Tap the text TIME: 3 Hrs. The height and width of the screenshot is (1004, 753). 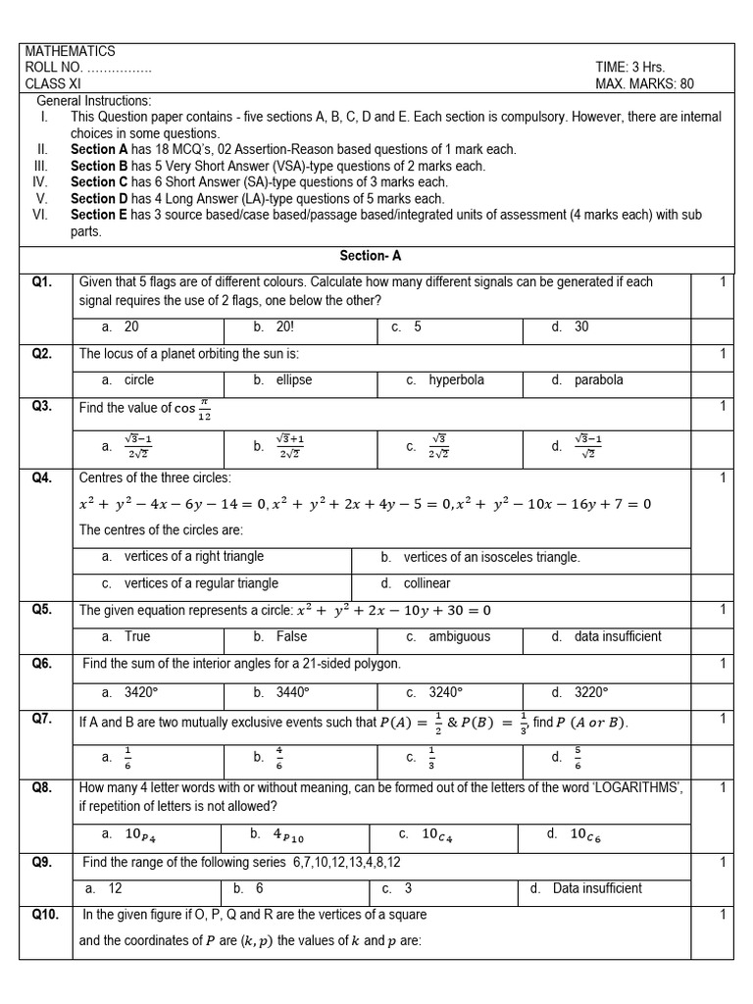(x=629, y=68)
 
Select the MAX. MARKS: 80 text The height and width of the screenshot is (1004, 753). (x=644, y=84)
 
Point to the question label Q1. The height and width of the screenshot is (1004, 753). (x=41, y=282)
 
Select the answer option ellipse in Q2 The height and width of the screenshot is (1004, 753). (x=299, y=380)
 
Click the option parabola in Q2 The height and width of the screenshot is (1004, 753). (x=598, y=380)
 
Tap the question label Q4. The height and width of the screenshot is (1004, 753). (x=41, y=477)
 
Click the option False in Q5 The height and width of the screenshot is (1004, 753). (x=291, y=636)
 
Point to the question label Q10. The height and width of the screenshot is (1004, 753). (x=45, y=915)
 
